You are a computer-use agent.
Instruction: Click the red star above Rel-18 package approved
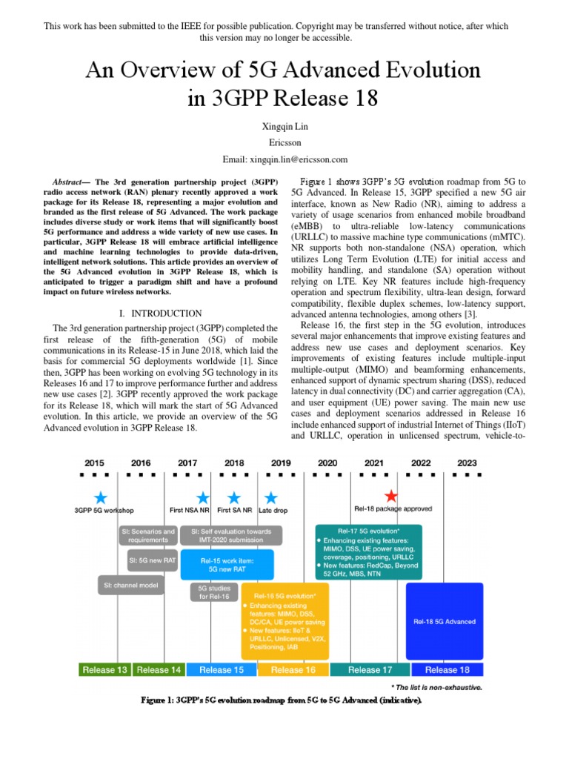[x=392, y=497]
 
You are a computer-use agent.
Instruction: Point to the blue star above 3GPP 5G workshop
[x=102, y=497]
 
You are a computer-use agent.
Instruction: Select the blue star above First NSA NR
[x=202, y=497]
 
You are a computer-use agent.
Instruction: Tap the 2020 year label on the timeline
[x=327, y=463]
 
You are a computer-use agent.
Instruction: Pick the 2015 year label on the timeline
[x=95, y=463]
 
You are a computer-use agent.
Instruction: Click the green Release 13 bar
[x=104, y=669]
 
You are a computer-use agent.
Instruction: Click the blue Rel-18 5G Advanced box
[x=445, y=621]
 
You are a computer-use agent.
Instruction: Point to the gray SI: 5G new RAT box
[x=152, y=560]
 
